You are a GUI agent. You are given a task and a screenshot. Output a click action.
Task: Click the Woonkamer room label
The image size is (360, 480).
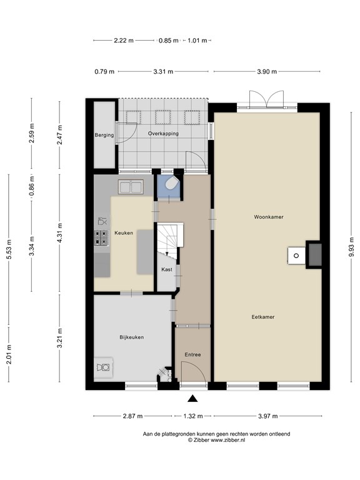pyautogui.click(x=269, y=217)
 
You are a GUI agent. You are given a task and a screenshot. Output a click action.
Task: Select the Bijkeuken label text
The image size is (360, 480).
pyautogui.click(x=131, y=337)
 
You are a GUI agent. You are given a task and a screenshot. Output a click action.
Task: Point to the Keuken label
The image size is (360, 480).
pyautogui.click(x=124, y=233)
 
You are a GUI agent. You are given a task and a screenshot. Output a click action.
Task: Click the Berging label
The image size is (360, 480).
pyautogui.click(x=104, y=135)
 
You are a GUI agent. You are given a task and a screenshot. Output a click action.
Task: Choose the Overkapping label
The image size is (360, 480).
pyautogui.click(x=163, y=134)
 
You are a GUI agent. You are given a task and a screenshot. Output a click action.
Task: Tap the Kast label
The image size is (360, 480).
pyautogui.click(x=166, y=269)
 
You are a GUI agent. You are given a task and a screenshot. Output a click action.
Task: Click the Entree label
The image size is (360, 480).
pyautogui.click(x=192, y=355)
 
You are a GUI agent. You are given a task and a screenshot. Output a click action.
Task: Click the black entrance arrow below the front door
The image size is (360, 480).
pyautogui.click(x=192, y=399)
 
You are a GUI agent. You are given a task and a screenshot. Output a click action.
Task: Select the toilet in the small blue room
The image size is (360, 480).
pyautogui.click(x=171, y=184)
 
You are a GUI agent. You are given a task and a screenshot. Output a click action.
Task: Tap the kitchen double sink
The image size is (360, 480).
pyautogui.click(x=132, y=186)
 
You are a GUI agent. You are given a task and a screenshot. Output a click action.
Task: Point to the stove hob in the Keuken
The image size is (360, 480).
pyautogui.click(x=100, y=237)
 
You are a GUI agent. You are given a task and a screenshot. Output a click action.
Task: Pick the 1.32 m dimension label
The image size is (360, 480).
pyautogui.click(x=192, y=416)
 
